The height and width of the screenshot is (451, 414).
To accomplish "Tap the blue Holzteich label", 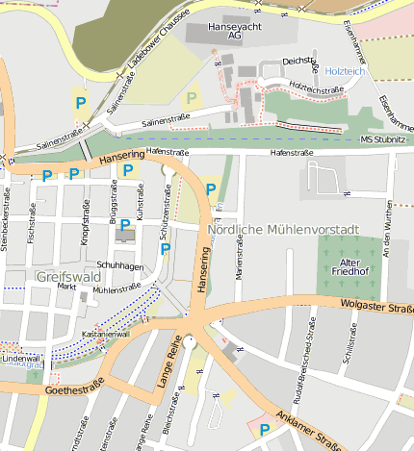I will (x=346, y=72).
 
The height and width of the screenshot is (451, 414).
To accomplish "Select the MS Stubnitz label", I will (x=382, y=140).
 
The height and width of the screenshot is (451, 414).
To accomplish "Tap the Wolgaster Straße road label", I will (x=376, y=306).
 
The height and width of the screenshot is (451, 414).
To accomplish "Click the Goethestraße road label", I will (x=74, y=390).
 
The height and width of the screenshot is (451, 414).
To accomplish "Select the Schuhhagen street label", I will (x=120, y=265).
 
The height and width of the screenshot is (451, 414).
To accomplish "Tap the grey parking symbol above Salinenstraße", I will (x=192, y=97).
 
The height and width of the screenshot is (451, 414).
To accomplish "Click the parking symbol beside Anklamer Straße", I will (x=264, y=430).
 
